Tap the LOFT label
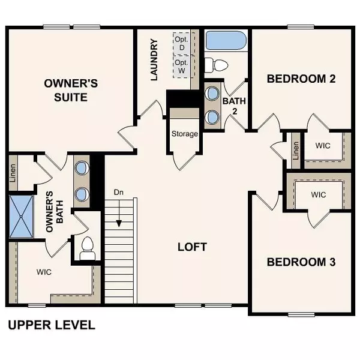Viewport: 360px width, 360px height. pyautogui.click(x=192, y=247)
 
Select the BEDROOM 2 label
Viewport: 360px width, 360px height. pyautogui.click(x=301, y=79)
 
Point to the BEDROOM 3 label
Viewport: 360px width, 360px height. pyautogui.click(x=301, y=262)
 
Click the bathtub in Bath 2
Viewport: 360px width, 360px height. pyautogui.click(x=226, y=41)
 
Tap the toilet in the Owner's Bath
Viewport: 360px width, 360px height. pyautogui.click(x=88, y=247)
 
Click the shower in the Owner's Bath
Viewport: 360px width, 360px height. pyautogui.click(x=23, y=217)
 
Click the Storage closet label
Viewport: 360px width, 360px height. pyautogui.click(x=184, y=134)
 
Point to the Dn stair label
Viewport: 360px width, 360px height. pyautogui.click(x=118, y=193)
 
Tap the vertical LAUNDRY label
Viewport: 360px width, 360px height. pyautogui.click(x=154, y=60)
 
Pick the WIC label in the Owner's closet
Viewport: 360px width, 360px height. pyautogui.click(x=44, y=272)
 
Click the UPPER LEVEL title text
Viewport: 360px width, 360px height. pyautogui.click(x=51, y=325)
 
